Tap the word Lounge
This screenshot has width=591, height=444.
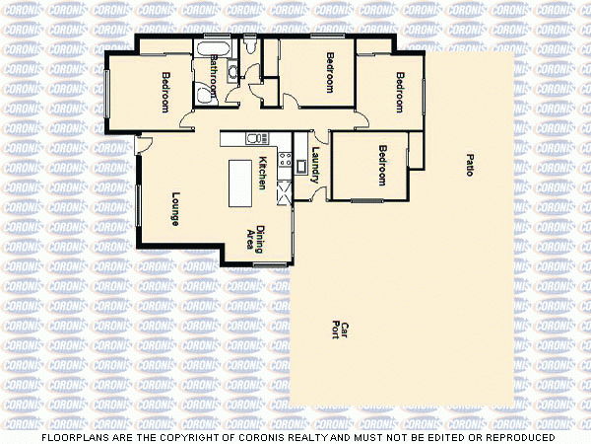coord(174,208)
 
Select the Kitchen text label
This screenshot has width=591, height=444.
coord(262,174)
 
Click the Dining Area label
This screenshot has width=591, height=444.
coord(255,238)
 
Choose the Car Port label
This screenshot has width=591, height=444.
coord(340,330)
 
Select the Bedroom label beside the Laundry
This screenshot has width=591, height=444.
coord(381,166)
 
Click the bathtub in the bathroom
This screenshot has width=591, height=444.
coord(214,46)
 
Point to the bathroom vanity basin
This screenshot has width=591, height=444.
coord(232,70)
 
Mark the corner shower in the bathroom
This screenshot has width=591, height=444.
coord(207,93)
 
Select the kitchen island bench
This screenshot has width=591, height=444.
coord(241,184)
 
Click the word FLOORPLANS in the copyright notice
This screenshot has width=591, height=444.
coord(73,436)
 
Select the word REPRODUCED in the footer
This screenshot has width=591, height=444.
coord(514,436)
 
